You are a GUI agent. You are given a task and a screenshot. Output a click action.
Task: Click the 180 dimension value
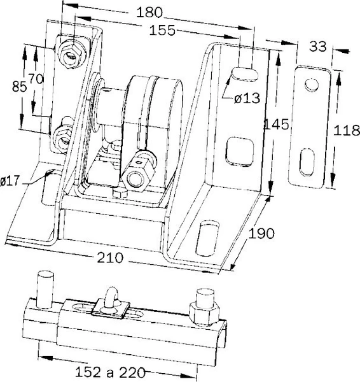149,12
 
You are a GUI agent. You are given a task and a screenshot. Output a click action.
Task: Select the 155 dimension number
162,30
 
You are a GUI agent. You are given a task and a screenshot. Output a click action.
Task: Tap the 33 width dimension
317,46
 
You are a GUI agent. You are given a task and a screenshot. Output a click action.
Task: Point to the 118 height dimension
347,130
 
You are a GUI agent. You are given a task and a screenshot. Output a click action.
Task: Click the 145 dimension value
277,124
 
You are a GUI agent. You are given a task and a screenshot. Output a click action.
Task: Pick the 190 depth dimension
261,234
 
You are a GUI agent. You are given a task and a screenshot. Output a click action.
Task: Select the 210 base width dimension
110,257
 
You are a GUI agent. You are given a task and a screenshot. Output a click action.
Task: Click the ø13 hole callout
247,99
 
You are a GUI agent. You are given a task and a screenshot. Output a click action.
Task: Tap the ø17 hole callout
10,181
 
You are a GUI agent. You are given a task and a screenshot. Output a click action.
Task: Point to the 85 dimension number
19,87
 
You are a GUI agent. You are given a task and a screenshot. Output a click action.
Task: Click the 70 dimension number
36,79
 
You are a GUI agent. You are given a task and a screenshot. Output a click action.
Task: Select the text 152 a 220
111,372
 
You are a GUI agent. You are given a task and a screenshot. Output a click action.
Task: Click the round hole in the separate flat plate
311,85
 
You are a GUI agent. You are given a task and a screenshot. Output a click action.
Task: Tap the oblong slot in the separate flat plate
307,162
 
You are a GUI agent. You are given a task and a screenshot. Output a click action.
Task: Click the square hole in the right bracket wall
240,152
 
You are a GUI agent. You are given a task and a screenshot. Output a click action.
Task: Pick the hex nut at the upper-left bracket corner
73,55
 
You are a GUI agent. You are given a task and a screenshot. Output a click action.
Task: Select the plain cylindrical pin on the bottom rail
45,290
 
